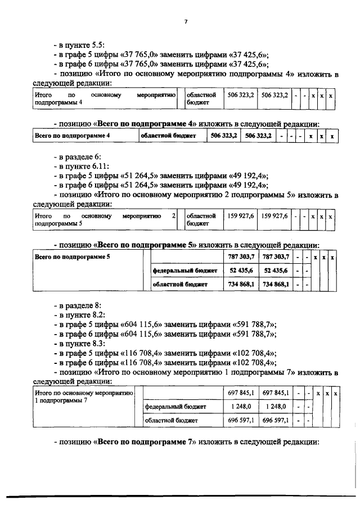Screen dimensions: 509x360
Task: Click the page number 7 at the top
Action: [185, 22]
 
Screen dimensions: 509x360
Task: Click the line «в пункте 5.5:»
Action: [79, 44]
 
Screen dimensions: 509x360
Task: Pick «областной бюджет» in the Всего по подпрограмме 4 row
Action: [170, 136]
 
